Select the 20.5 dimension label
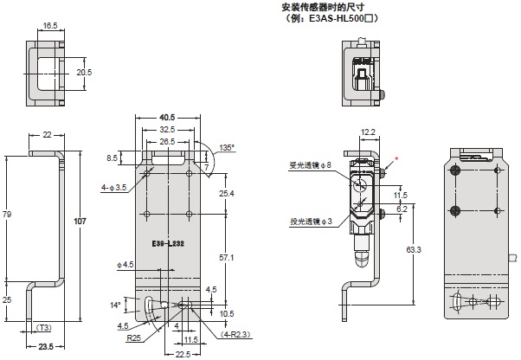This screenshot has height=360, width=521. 84,72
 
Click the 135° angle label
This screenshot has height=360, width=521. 227,147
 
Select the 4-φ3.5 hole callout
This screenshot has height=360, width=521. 114,185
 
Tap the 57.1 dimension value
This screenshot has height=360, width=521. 228,258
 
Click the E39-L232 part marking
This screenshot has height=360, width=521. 166,246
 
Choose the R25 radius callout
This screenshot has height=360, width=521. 134,338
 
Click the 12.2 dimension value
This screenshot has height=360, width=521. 367,132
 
